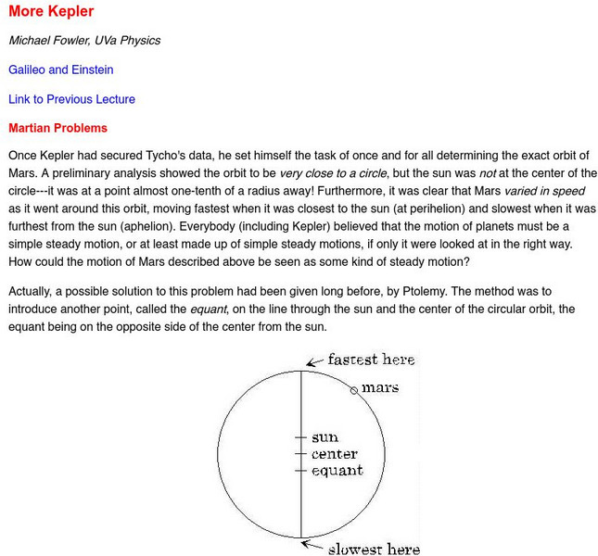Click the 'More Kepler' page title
point(51,12)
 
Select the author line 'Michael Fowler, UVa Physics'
point(84,41)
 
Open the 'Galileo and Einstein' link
point(61,69)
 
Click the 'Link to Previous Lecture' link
point(71,99)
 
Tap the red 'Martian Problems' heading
point(57,128)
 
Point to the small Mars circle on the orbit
point(353,391)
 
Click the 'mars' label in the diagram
point(379,387)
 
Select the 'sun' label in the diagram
point(324,436)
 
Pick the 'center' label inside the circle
point(334,454)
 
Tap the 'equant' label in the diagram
point(337,471)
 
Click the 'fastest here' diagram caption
point(371,360)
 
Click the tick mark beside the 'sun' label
point(299,436)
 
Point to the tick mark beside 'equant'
point(299,471)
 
